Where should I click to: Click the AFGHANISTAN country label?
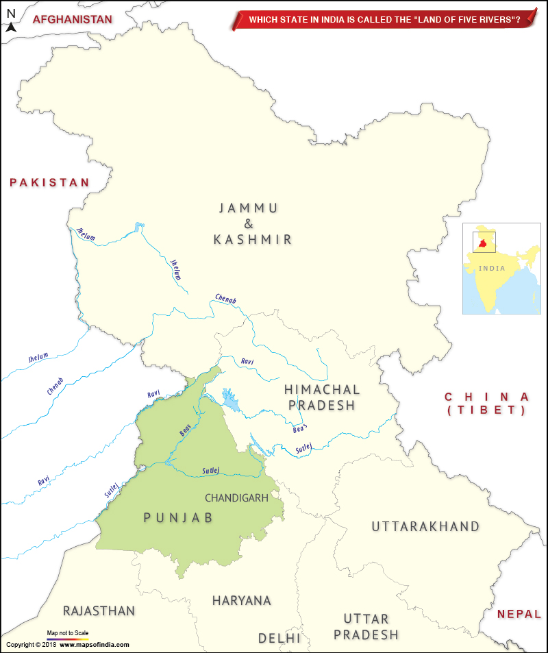coord(72,19)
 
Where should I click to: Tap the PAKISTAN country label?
coord(49,182)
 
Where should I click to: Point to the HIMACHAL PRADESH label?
coord(321,397)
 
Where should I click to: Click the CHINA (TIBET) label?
coord(486,404)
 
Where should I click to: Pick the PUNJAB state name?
coord(178,517)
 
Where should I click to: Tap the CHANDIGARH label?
coord(236,498)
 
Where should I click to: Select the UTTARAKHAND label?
coord(425,526)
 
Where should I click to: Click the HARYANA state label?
coord(241,600)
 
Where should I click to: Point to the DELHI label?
coord(279,638)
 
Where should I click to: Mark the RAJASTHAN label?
coord(99,611)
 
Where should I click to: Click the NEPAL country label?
coord(519,614)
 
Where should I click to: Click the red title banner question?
coord(384,20)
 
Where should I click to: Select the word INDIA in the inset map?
coord(491,268)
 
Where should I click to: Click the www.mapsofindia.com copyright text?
coord(94,645)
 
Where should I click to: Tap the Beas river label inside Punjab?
coord(185,430)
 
